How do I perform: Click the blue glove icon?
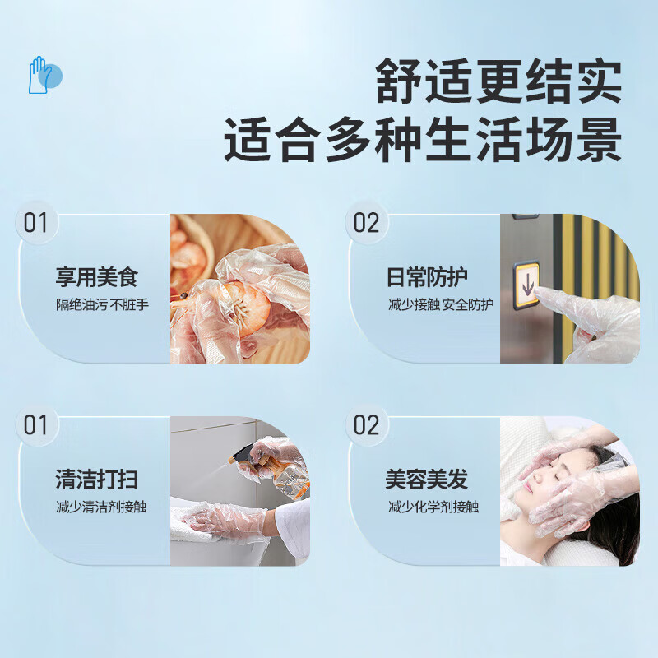[43, 75]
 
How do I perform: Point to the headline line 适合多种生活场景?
[423, 141]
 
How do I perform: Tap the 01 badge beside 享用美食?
[36, 223]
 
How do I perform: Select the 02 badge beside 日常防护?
[366, 223]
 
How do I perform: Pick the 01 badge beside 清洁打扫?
[36, 425]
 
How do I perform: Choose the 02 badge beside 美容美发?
[366, 425]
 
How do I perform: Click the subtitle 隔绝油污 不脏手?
[102, 304]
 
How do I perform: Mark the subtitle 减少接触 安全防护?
[441, 304]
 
